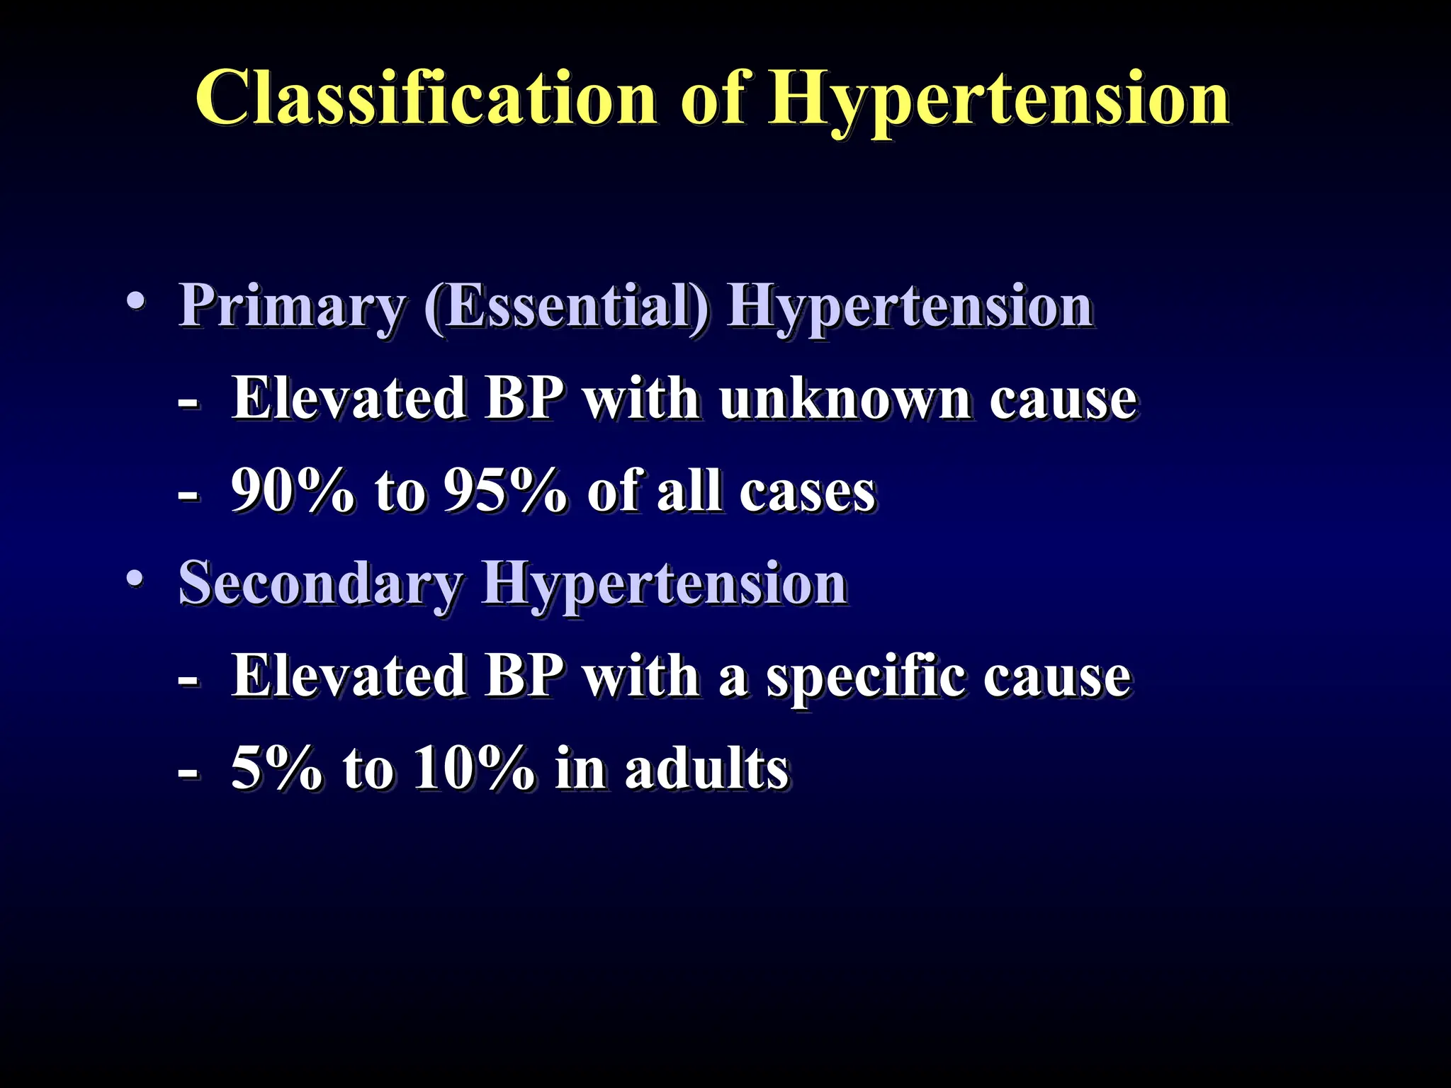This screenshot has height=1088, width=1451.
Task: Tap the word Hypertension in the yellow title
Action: [x=999, y=99]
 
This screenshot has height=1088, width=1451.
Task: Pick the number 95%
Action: [x=504, y=491]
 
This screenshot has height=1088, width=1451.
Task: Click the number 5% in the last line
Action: [x=276, y=769]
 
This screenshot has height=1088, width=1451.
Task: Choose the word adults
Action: [x=706, y=769]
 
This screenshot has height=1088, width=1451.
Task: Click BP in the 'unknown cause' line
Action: [x=524, y=398]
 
